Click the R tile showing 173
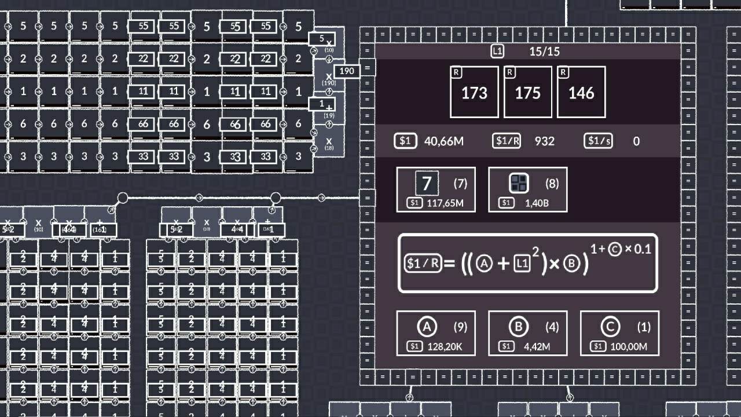474,92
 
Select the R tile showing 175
527,92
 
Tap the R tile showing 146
581,92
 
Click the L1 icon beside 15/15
497,51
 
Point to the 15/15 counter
544,51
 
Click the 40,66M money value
443,141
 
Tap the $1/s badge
598,141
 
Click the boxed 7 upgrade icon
427,184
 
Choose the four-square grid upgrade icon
519,184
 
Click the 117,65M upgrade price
442,203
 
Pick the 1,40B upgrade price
537,203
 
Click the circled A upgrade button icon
427,327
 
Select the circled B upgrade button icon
519,327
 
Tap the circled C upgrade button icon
610,327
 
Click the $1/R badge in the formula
423,264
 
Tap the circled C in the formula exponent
615,250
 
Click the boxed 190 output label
346,71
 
